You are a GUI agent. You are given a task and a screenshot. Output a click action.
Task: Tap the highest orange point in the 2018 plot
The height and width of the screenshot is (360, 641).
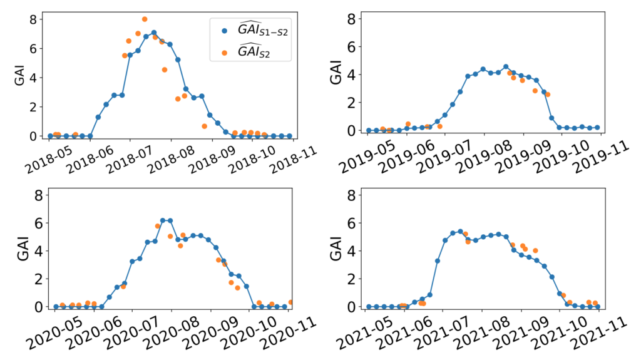pos(145,19)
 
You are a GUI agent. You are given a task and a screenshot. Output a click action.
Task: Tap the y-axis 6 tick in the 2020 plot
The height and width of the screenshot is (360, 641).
pos(38,222)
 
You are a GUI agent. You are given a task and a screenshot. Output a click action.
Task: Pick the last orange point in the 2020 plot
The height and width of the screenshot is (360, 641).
pos(292,302)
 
